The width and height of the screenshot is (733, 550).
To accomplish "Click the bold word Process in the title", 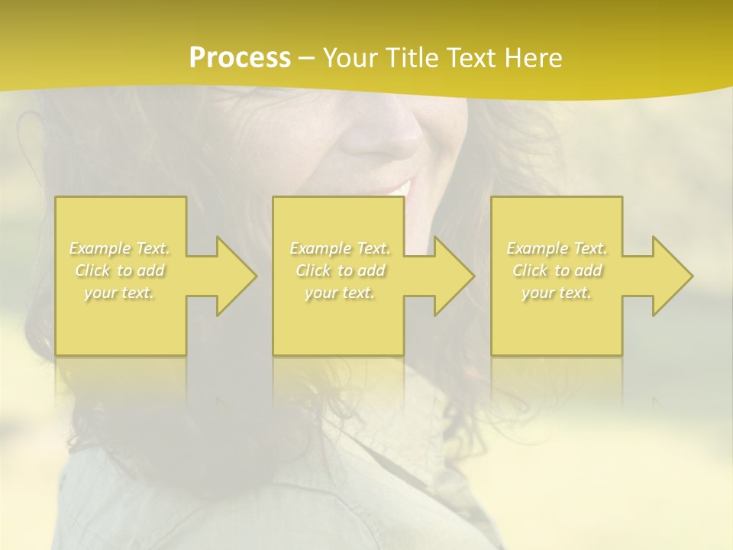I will click(240, 58).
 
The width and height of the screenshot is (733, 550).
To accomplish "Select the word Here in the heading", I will click(532, 58).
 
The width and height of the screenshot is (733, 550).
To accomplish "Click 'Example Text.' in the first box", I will click(119, 248).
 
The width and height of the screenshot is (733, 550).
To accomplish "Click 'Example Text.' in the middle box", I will click(340, 248).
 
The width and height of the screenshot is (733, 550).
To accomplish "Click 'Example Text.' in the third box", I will click(557, 248).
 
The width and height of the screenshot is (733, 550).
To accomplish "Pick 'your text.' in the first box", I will click(119, 293).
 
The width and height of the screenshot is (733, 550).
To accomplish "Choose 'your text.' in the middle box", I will click(340, 293).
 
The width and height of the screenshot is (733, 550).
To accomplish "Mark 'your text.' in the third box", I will click(557, 293).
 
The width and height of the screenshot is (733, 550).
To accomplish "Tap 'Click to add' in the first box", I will click(119, 270).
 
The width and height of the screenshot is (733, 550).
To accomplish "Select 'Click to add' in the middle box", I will click(340, 270).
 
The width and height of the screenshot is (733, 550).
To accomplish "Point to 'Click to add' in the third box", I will click(557, 270).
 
